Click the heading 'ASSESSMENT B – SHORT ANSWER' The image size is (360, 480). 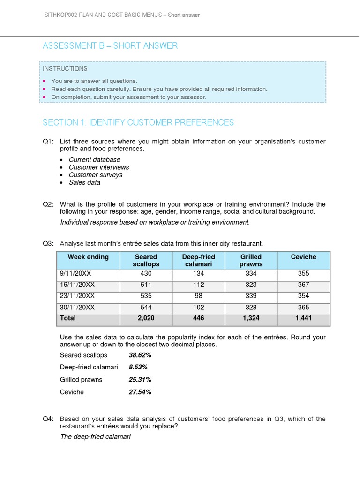110,45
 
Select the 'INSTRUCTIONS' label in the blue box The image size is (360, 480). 65,68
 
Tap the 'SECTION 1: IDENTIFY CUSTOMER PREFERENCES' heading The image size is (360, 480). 138,122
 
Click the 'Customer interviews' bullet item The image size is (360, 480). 99,167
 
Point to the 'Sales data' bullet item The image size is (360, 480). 84,182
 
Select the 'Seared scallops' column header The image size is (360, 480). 146,261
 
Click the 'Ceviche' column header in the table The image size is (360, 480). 303,257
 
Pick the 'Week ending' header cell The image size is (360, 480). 88,257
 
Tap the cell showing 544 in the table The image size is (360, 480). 146,307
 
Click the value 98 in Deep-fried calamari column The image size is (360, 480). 199,296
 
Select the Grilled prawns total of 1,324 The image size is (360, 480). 251,318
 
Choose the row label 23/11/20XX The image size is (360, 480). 77,296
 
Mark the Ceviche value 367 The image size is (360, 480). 303,285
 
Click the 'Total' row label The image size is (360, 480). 68,318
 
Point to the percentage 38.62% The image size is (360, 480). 140,355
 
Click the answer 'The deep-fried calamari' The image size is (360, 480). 96,436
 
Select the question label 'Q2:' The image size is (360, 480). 48,204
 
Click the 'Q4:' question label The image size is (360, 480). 48,419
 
